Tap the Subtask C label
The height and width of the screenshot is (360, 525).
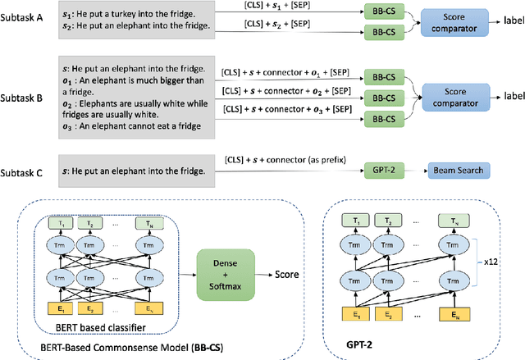pyautogui.click(x=30, y=170)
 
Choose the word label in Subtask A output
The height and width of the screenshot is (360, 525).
pyautogui.click(x=503, y=24)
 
